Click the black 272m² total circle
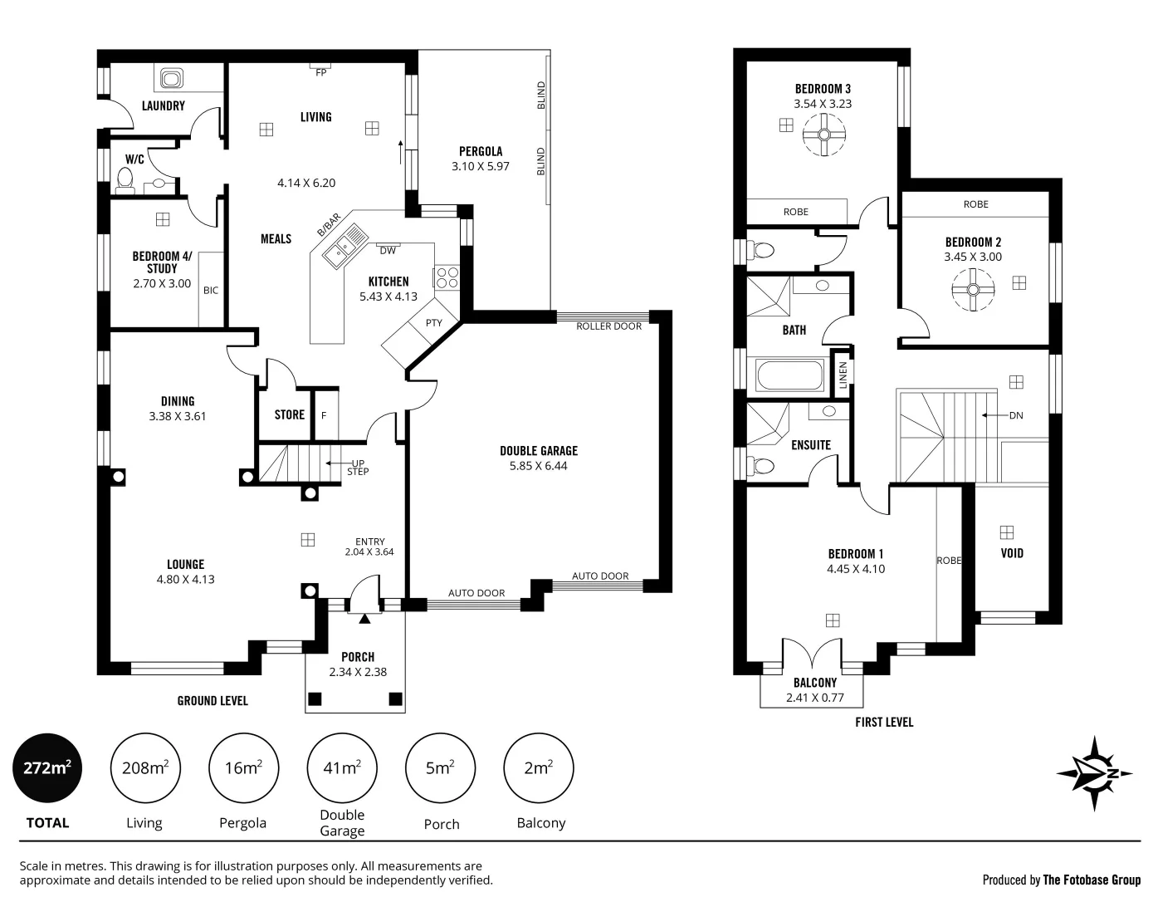click(47, 768)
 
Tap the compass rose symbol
click(1094, 773)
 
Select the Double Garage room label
click(538, 451)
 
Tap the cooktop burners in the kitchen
click(446, 277)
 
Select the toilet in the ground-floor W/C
click(125, 179)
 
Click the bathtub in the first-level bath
click(788, 375)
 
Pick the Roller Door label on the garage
click(608, 326)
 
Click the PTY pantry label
click(433, 323)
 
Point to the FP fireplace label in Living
click(320, 72)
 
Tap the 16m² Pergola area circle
click(243, 768)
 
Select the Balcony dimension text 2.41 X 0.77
click(814, 698)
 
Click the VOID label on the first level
click(1012, 553)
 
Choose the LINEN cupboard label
click(843, 375)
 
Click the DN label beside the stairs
click(1016, 415)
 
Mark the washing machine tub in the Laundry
click(172, 80)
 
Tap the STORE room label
click(289, 414)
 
